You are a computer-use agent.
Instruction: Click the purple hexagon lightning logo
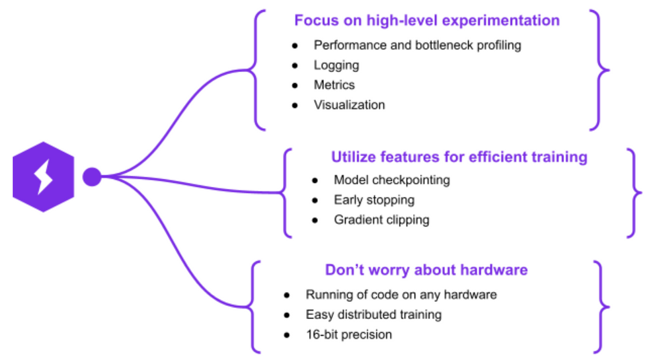pos(44,177)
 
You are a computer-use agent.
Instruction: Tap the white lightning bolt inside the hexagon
pos(43,176)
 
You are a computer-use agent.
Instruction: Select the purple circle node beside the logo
pos(92,177)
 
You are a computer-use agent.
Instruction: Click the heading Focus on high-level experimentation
pos(426,20)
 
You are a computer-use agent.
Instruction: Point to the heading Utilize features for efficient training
pos(459,157)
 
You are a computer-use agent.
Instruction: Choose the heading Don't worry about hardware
pos(426,270)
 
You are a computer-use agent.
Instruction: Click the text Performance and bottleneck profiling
pos(417,46)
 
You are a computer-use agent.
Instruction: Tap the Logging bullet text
pos(336,65)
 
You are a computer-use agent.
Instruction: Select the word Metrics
pos(334,85)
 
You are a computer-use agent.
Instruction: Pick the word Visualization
pos(349,105)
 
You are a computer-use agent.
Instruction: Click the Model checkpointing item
pos(391,180)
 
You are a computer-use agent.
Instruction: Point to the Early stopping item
pos(374,200)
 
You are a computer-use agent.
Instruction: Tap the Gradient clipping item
pos(381,220)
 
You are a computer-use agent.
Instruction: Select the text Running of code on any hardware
pos(401,295)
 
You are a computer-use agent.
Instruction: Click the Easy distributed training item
pos(373,314)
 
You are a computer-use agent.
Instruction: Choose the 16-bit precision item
pos(348,335)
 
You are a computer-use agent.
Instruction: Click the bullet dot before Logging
pos(295,65)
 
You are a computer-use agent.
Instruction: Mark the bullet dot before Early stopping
pos(315,200)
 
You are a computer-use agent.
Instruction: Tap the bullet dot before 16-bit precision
pos(287,335)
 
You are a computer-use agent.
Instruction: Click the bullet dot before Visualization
pos(295,105)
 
